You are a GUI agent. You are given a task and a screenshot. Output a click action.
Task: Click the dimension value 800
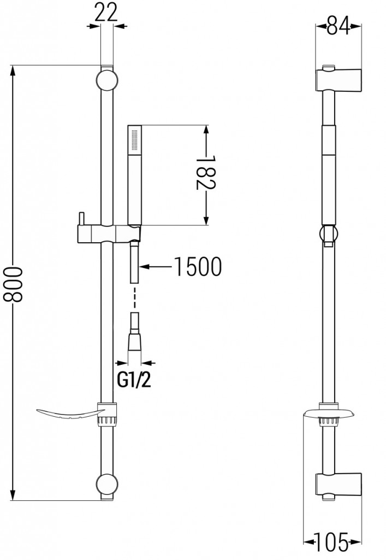point(12,283)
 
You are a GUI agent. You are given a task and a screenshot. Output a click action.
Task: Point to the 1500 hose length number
point(197,267)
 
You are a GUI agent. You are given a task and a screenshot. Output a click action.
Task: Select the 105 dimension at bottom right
point(332,543)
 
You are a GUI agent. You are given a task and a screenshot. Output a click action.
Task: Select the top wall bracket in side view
point(338,80)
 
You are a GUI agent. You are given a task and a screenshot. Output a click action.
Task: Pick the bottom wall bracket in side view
point(338,485)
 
